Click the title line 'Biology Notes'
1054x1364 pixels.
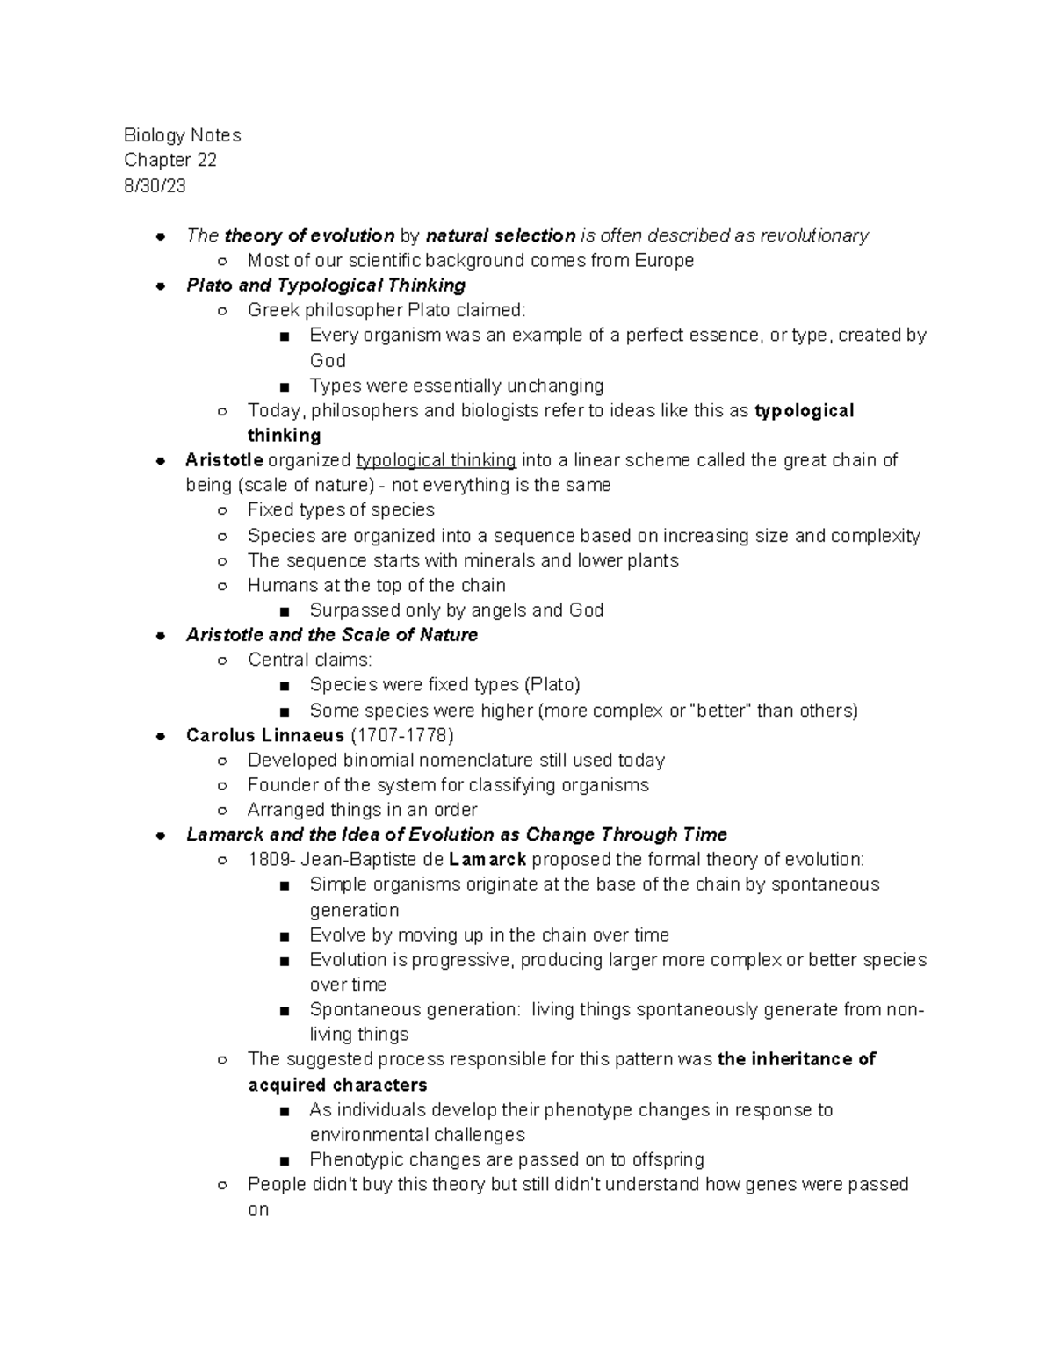tap(182, 135)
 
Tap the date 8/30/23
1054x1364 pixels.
tap(155, 185)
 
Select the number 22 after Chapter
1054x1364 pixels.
tap(206, 160)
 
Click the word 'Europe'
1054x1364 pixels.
tap(664, 261)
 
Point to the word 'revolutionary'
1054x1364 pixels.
tap(814, 235)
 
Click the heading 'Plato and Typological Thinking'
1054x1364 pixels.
tap(326, 285)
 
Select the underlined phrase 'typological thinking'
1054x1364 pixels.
tap(436, 460)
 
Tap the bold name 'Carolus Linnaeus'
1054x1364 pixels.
tap(264, 735)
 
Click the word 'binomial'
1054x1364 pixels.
tap(379, 761)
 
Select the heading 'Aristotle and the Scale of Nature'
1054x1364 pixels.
tap(332, 635)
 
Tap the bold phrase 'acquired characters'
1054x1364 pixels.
tap(337, 1086)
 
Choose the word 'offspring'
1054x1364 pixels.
tap(668, 1160)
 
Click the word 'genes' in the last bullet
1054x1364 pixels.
tap(769, 1185)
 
